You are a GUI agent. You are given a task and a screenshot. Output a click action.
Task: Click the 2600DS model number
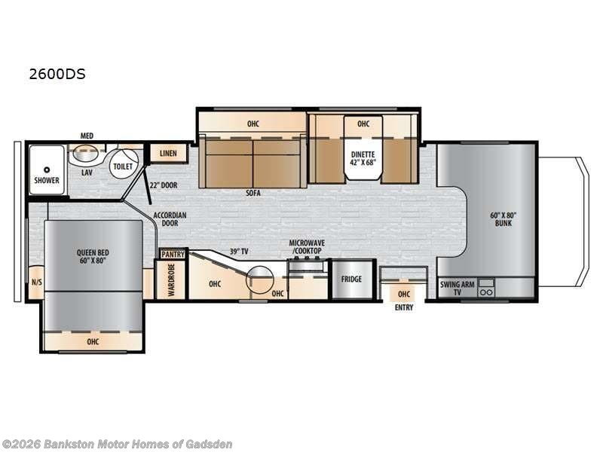pyautogui.click(x=57, y=74)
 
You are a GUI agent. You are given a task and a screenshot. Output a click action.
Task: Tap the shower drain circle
pyautogui.click(x=47, y=169)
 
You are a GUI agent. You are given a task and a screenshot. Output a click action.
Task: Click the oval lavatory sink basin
pyautogui.click(x=85, y=154)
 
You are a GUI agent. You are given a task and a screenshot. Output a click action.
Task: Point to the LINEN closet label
pyautogui.click(x=168, y=153)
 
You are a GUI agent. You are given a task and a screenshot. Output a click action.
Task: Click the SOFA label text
pyautogui.click(x=253, y=193)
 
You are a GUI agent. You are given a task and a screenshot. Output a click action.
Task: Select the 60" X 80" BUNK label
pyautogui.click(x=503, y=219)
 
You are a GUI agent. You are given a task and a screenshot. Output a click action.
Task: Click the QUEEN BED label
pyautogui.click(x=93, y=256)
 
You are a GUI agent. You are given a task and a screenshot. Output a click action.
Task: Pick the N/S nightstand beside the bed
pyautogui.click(x=36, y=282)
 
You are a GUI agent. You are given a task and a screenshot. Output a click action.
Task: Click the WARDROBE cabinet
pyautogui.click(x=171, y=279)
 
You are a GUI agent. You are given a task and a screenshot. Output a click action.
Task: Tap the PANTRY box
pyautogui.click(x=173, y=255)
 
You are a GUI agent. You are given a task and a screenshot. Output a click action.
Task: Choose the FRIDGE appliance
pyautogui.click(x=352, y=279)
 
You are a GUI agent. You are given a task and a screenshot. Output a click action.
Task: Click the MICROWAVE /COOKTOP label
pyautogui.click(x=307, y=247)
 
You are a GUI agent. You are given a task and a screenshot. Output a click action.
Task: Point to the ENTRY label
pyautogui.click(x=404, y=307)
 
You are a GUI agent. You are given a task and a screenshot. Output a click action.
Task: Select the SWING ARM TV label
pyautogui.click(x=458, y=289)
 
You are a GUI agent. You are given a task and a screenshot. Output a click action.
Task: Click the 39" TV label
pyautogui.click(x=239, y=252)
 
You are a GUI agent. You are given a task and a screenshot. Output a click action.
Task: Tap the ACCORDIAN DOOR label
pyautogui.click(x=170, y=219)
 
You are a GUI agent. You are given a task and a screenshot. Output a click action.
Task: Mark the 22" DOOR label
pyautogui.click(x=164, y=185)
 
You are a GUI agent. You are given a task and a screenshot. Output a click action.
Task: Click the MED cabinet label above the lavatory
pyautogui.click(x=87, y=136)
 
